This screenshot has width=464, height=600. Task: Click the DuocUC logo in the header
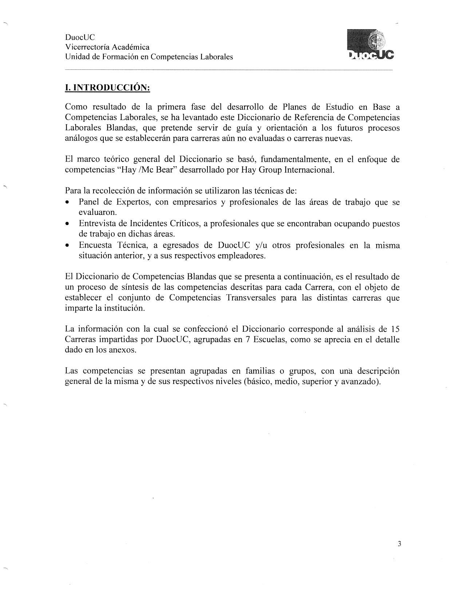click(x=370, y=44)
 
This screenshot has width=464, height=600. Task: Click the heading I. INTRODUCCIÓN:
click(x=107, y=88)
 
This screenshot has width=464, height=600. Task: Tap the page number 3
click(x=399, y=544)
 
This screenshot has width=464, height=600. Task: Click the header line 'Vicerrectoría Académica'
click(x=107, y=47)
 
